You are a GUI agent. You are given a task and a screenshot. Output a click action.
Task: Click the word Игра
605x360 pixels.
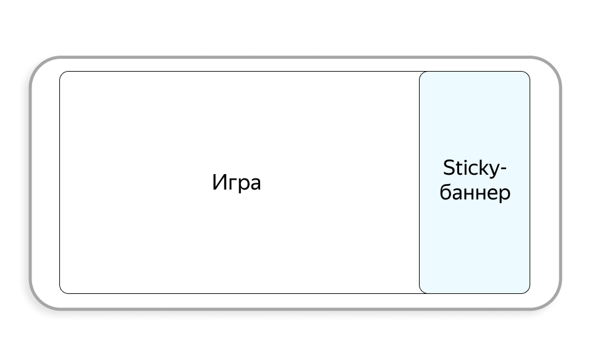pyautogui.click(x=237, y=183)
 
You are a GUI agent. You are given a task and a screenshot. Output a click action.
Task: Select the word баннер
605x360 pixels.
pyautogui.click(x=475, y=193)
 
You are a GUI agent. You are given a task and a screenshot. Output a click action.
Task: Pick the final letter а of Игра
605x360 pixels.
pyautogui.click(x=255, y=185)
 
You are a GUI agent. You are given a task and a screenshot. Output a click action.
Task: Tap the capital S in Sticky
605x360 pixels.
pyautogui.click(x=449, y=168)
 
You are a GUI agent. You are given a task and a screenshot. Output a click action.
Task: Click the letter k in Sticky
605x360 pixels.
pyautogui.click(x=483, y=168)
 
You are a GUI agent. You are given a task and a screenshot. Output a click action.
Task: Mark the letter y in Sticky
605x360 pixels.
pyautogui.click(x=494, y=170)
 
